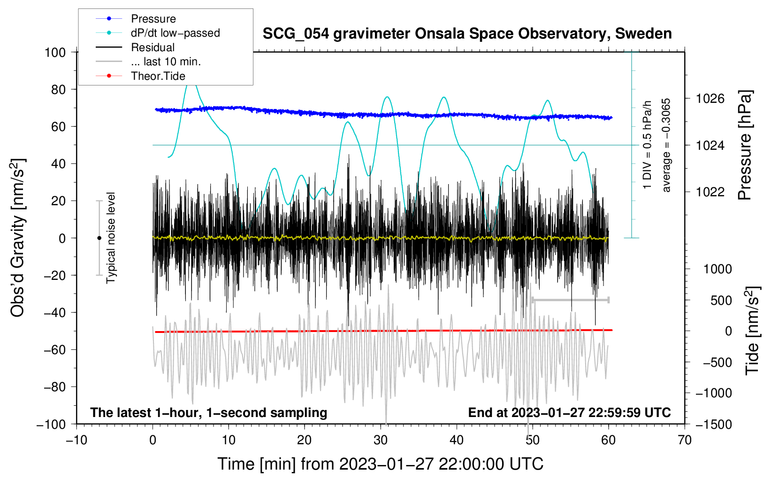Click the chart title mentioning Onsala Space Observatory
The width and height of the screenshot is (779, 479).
[467, 34]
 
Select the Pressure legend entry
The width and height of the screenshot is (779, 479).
[153, 19]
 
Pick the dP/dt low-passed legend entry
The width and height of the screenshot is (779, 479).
[175, 33]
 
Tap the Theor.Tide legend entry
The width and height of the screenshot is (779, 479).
[158, 76]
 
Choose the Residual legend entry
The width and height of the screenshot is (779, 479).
[153, 47]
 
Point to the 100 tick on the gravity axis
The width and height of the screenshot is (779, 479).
[55, 52]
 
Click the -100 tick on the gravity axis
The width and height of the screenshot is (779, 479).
[51, 424]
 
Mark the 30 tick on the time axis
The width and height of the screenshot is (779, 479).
[381, 440]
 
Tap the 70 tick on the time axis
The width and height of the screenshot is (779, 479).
[685, 440]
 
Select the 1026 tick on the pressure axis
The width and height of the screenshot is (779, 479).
[710, 99]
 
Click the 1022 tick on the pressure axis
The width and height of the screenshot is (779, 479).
[710, 192]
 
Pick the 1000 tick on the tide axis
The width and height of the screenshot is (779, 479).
[718, 269]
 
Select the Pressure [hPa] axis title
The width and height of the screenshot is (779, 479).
[745, 145]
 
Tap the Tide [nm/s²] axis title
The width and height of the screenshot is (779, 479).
[752, 331]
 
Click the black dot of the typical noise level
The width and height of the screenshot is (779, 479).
[99, 238]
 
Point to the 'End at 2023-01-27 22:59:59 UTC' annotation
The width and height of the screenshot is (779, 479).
[569, 412]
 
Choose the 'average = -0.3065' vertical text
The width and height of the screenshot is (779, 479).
[666, 145]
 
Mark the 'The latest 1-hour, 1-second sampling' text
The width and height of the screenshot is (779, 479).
[208, 412]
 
